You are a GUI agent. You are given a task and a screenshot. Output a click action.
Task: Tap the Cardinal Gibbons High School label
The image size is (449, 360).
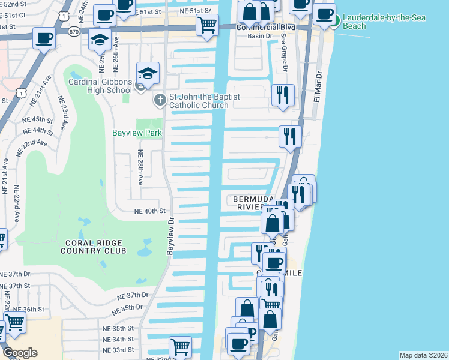(100, 86)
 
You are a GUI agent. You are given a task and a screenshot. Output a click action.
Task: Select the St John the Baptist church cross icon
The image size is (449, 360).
(160, 100)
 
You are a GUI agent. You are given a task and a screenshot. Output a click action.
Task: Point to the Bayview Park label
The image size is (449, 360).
(137, 133)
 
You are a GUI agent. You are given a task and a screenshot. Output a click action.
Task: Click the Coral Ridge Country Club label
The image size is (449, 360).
(93, 246)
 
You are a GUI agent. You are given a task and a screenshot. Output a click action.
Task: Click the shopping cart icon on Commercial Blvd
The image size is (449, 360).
(207, 25)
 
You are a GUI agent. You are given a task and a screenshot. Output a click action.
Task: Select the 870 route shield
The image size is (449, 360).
(74, 31)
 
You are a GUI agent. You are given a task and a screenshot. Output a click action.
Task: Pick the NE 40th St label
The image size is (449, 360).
(149, 211)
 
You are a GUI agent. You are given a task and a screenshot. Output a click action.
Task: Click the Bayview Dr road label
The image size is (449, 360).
(170, 235)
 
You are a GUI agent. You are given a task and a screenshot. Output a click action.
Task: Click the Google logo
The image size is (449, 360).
(20, 352)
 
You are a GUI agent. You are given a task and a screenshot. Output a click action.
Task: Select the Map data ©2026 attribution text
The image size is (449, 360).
(423, 355)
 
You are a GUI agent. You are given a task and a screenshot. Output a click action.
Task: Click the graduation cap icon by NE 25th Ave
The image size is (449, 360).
(100, 40)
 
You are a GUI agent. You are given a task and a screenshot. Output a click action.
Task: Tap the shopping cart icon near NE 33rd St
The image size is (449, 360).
(180, 346)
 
